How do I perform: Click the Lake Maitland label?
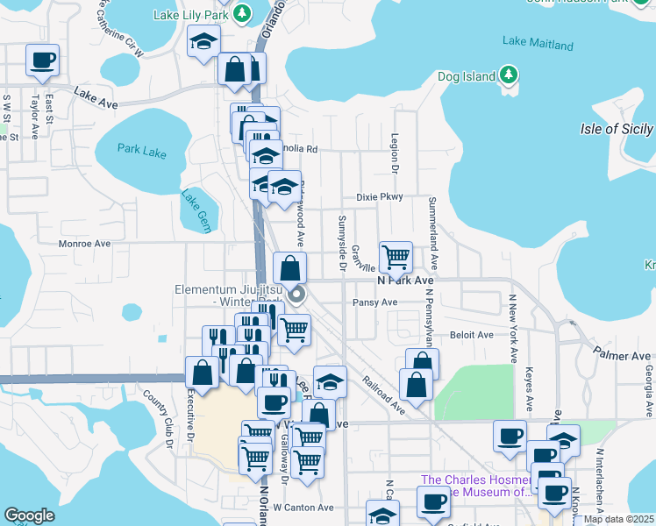(x=538, y=44)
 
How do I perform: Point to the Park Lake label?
(x=141, y=153)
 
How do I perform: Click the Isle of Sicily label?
(x=617, y=129)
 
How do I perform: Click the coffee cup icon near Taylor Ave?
(x=42, y=60)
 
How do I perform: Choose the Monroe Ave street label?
(x=84, y=244)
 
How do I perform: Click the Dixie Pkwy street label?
(x=379, y=196)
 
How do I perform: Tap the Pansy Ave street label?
(x=374, y=302)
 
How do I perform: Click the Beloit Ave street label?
(x=471, y=335)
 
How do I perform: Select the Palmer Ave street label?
(x=621, y=356)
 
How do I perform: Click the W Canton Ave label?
(x=303, y=507)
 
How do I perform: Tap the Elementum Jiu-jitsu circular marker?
(x=297, y=294)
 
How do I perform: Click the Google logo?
(x=29, y=515)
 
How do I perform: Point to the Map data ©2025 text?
(x=618, y=519)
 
